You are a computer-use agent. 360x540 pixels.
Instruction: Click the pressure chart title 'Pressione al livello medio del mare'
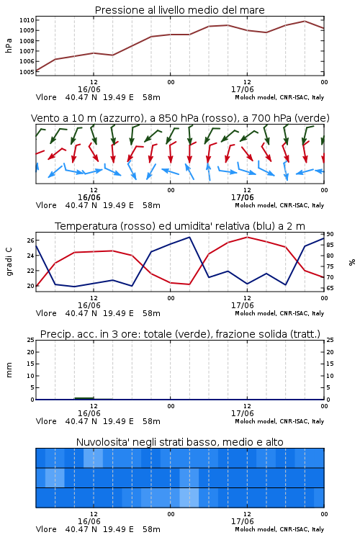179,10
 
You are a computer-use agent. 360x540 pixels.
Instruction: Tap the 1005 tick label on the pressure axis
27,72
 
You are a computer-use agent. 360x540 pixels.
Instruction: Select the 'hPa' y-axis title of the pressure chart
9,45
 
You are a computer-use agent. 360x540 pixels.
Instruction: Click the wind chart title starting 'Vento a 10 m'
180,118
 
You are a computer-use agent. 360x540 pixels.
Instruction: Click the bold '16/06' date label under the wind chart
89,198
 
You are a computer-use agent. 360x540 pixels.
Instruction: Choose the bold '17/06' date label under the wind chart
242,198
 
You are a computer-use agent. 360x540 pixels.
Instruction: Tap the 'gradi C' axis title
9,262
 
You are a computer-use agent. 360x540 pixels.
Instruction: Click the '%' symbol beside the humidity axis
352,262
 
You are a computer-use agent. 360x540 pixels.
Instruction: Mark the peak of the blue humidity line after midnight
189,237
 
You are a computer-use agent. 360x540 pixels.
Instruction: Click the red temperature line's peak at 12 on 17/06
247,237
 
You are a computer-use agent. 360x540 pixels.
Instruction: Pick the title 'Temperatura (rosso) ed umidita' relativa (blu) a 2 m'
180,226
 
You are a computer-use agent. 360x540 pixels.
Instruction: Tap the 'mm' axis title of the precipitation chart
9,370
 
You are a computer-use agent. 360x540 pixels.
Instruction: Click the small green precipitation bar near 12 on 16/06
84,398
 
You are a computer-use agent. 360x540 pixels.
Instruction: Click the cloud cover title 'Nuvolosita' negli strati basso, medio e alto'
179,442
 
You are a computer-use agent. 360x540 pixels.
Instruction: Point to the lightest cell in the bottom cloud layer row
189,498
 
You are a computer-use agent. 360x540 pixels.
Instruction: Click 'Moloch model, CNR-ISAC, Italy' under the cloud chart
279,529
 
